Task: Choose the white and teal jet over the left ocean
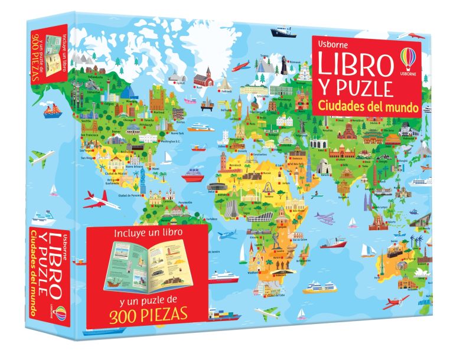[41, 158]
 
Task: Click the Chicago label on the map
[129, 120]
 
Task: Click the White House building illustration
[149, 137]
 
